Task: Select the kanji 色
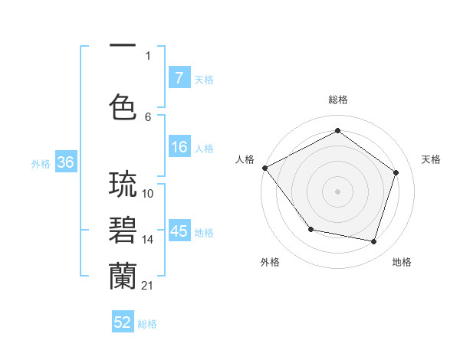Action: click(x=123, y=106)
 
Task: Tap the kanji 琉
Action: click(x=123, y=185)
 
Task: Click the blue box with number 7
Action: click(x=179, y=77)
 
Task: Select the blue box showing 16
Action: click(x=179, y=147)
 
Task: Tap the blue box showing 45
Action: click(x=179, y=231)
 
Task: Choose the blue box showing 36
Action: click(x=65, y=162)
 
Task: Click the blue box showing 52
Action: click(x=123, y=322)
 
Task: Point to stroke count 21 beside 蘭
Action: click(x=147, y=286)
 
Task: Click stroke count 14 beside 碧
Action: click(x=147, y=240)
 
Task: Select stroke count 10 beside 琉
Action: click(x=148, y=194)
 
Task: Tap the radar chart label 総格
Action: click(x=337, y=100)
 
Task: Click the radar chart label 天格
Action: click(x=431, y=159)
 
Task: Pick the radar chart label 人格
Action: click(x=245, y=159)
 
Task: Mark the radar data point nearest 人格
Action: click(x=265, y=168)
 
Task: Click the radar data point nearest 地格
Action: click(x=373, y=241)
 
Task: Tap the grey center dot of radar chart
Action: click(x=337, y=191)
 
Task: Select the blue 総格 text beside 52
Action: click(x=147, y=324)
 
